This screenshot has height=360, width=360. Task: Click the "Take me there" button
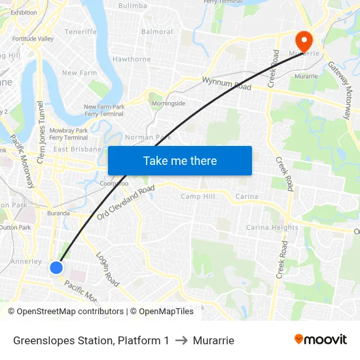180,160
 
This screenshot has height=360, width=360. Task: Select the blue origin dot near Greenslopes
56,267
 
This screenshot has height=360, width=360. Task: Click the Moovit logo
320,339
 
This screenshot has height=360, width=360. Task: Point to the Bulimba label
133,6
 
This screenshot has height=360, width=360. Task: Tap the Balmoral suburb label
157,31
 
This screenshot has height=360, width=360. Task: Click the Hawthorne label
132,59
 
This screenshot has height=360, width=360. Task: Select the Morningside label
168,103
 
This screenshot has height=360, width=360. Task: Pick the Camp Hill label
198,196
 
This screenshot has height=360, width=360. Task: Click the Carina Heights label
272,228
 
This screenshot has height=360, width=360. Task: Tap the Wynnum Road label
226,83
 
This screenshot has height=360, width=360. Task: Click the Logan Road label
107,269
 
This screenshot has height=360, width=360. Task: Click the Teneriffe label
81,31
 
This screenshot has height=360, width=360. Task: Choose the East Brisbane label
77,149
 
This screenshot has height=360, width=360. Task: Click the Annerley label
26,261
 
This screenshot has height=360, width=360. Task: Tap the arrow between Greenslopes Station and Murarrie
181,340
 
